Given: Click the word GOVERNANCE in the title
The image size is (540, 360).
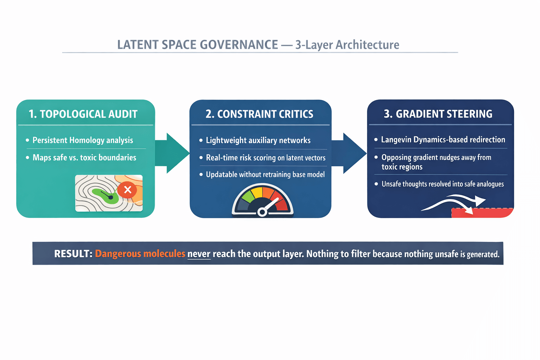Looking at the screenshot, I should point(239,45).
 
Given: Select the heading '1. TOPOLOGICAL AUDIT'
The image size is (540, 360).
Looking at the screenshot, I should point(83,114).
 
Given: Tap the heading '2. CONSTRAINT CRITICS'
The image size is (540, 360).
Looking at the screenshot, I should point(259,114).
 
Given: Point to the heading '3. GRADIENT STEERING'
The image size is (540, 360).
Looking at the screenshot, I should point(438,114).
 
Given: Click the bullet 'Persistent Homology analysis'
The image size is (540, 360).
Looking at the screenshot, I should point(83,140).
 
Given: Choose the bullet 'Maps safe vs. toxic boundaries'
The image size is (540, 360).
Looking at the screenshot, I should point(84,157).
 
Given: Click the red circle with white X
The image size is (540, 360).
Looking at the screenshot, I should point(128,190).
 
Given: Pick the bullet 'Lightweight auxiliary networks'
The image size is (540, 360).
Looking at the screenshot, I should point(258,141).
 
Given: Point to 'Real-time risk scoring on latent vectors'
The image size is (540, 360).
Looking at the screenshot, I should point(265,158).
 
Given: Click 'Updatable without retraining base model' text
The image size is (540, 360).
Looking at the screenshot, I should point(265,175).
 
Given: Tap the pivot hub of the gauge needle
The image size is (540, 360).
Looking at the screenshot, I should point(262,212).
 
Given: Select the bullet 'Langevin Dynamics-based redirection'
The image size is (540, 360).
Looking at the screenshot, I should point(443,140).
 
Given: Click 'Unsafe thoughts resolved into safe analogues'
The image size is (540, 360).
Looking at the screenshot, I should point(443,184).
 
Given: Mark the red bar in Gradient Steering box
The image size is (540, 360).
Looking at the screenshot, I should point(482,213).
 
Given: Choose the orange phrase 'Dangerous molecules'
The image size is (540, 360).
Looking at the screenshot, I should point(140,254).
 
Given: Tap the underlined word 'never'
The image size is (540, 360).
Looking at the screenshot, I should point(199,254).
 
